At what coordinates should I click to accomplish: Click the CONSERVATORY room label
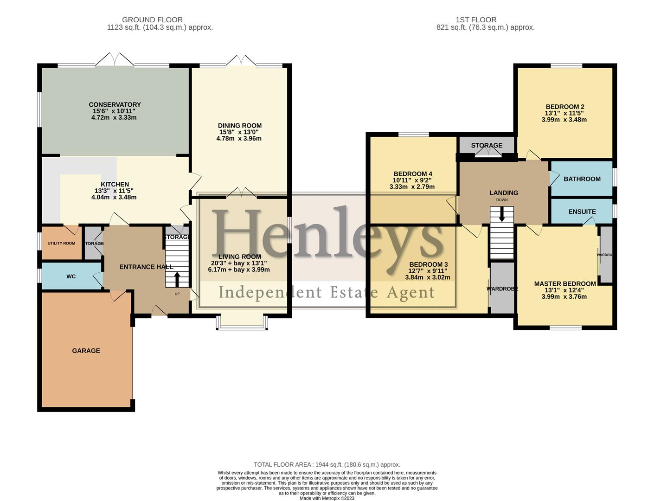point(115,105)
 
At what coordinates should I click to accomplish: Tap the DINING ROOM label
point(240,126)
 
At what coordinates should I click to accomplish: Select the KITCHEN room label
point(115,185)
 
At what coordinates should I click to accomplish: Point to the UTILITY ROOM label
point(61,244)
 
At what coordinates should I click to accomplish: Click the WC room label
point(71,276)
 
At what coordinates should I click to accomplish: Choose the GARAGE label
point(86,351)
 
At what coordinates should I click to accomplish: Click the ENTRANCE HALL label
point(146,267)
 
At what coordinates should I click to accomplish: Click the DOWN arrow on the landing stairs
point(502,214)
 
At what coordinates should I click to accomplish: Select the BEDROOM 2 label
point(564,107)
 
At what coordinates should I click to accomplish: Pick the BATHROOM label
point(582,179)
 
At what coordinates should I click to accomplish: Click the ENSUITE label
point(582,212)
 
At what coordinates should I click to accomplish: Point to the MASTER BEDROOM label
point(564,284)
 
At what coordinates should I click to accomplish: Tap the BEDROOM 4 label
point(412,174)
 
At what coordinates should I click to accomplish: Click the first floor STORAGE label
point(487,145)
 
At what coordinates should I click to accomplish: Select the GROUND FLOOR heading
point(152,20)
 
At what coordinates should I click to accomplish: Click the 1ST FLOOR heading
point(476,20)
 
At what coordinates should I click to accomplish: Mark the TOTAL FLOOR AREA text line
point(327,464)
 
